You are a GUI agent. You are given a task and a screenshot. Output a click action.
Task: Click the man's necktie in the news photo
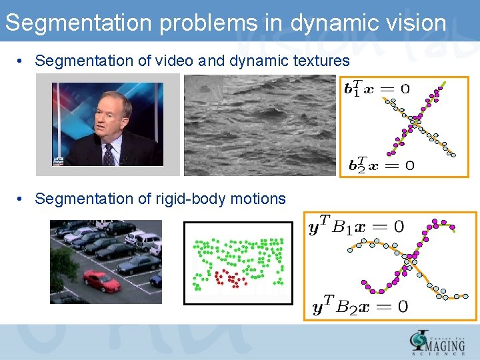(109, 155)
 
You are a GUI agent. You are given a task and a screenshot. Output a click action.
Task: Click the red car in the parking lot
(101, 281)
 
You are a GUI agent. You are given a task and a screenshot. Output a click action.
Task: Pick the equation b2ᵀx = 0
(381, 165)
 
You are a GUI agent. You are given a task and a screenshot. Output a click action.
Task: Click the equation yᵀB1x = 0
(356, 227)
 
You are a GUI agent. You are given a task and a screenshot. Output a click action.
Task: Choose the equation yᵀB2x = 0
(359, 307)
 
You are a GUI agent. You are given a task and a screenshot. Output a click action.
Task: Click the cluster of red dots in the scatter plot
(229, 278)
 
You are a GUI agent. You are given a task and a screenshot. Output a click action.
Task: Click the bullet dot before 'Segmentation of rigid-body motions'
(22, 199)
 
